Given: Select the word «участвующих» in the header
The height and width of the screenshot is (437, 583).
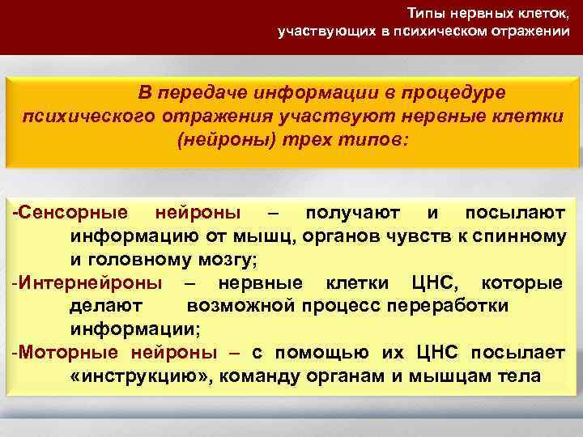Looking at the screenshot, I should (313, 32).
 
